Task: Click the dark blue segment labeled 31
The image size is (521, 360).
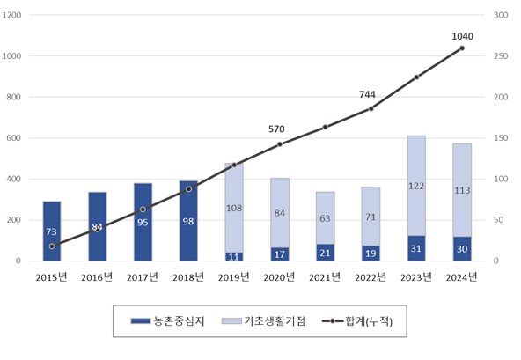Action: [416, 249]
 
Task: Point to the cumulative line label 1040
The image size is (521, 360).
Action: [462, 36]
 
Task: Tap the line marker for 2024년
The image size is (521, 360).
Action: [462, 48]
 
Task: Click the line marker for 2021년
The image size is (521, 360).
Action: [325, 127]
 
